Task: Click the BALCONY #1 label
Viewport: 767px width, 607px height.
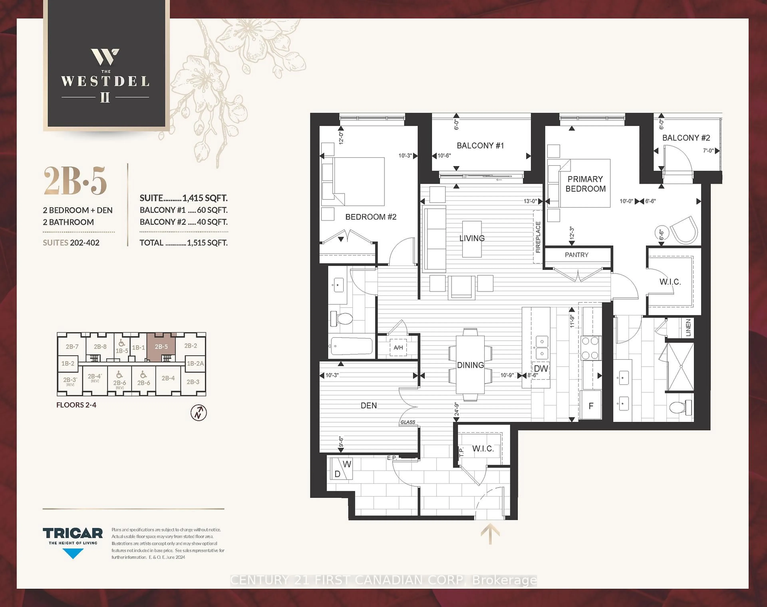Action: point(480,146)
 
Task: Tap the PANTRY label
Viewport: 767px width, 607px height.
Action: point(576,255)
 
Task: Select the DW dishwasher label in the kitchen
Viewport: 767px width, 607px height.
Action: point(541,369)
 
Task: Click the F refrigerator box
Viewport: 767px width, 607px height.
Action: point(591,406)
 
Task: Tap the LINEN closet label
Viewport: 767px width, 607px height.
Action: point(688,327)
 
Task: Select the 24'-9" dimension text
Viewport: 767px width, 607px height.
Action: point(456,409)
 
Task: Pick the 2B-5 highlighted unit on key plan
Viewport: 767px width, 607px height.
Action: point(161,347)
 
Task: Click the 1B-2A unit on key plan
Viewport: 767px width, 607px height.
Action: point(195,363)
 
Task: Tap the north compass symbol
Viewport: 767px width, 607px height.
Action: point(199,413)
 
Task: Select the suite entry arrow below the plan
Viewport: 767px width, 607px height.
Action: point(490,533)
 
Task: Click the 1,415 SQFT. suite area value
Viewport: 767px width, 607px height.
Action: point(205,198)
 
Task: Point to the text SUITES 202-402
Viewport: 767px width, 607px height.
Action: point(71,243)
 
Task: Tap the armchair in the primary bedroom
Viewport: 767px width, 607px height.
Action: point(683,230)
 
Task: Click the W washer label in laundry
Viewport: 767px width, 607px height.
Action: point(347,464)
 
